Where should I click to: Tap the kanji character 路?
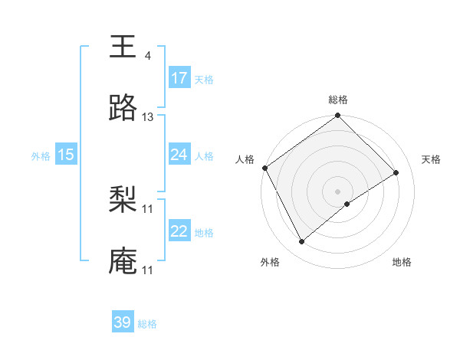click(123, 109)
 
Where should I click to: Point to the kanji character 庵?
click(123, 261)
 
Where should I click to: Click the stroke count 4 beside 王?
click(147, 56)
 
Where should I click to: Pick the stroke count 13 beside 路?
click(148, 117)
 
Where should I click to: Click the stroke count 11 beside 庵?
click(148, 270)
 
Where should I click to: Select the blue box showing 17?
click(179, 78)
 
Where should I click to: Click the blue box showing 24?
click(179, 155)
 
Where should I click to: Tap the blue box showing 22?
click(179, 231)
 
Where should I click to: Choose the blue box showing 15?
click(66, 155)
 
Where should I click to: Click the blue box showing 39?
click(123, 322)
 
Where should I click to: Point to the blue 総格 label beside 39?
click(147, 324)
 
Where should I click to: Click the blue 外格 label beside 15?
click(41, 156)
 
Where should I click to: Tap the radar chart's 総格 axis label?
click(338, 100)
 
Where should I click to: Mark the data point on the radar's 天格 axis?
click(396, 172)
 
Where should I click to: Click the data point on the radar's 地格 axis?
click(348, 204)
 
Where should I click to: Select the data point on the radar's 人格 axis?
click(264, 168)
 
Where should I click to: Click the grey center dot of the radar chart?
click(338, 191)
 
